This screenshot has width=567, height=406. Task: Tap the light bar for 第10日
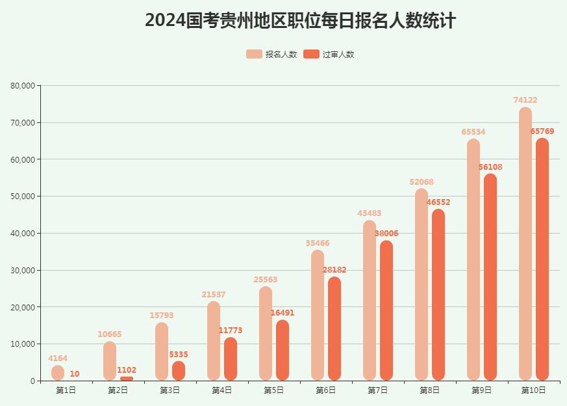click(x=525, y=244)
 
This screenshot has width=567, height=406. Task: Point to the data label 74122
click(x=525, y=100)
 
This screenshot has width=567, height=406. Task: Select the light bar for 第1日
click(x=58, y=373)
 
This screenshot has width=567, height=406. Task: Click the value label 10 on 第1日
click(x=75, y=374)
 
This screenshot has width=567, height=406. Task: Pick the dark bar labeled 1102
click(x=127, y=379)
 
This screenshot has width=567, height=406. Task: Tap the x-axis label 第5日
click(x=273, y=390)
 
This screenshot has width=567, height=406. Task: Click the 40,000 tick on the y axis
click(x=23, y=233)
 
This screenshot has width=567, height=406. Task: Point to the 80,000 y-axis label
click(x=23, y=85)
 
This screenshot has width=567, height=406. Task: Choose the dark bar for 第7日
click(x=386, y=310)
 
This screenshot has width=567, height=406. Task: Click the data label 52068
click(x=422, y=182)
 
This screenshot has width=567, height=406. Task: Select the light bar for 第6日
click(x=318, y=315)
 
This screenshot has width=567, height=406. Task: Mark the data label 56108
click(x=490, y=167)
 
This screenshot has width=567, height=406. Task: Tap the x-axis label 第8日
click(x=429, y=390)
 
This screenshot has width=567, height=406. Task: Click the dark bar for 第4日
click(x=231, y=359)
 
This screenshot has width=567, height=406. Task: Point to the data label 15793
click(x=162, y=316)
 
